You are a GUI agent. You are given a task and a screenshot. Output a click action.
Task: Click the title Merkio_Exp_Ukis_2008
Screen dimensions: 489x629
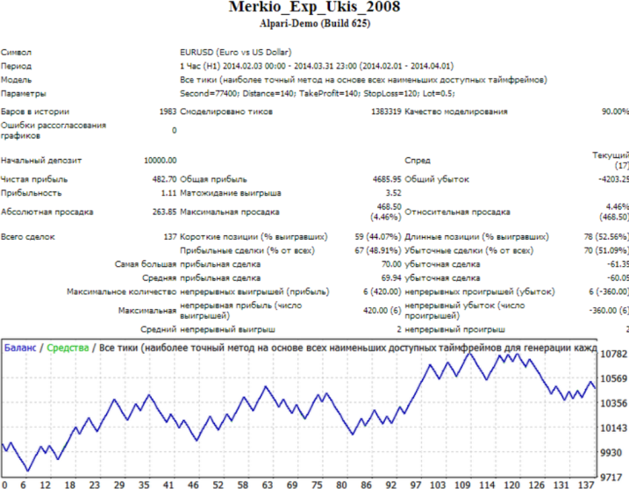click(x=314, y=8)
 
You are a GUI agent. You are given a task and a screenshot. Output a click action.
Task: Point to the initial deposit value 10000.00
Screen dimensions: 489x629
click(x=160, y=161)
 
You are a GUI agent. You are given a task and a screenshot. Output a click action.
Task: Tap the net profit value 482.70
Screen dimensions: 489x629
click(x=163, y=179)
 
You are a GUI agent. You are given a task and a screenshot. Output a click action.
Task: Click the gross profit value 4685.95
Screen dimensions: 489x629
click(x=383, y=179)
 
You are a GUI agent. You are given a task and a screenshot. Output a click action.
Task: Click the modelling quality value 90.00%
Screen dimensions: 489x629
click(x=614, y=111)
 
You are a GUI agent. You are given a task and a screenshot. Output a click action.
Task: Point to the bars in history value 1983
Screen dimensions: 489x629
click(x=167, y=111)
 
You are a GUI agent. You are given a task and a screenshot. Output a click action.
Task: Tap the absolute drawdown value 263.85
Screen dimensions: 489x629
click(x=163, y=212)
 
